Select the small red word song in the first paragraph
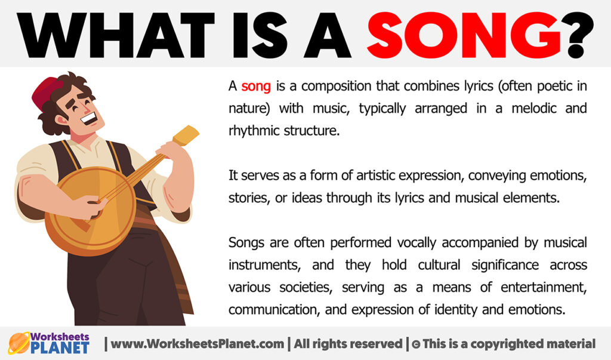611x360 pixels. pyautogui.click(x=256, y=87)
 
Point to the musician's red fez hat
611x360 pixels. pyautogui.click(x=46, y=90)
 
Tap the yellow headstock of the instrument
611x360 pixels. pyautogui.click(x=186, y=137)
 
